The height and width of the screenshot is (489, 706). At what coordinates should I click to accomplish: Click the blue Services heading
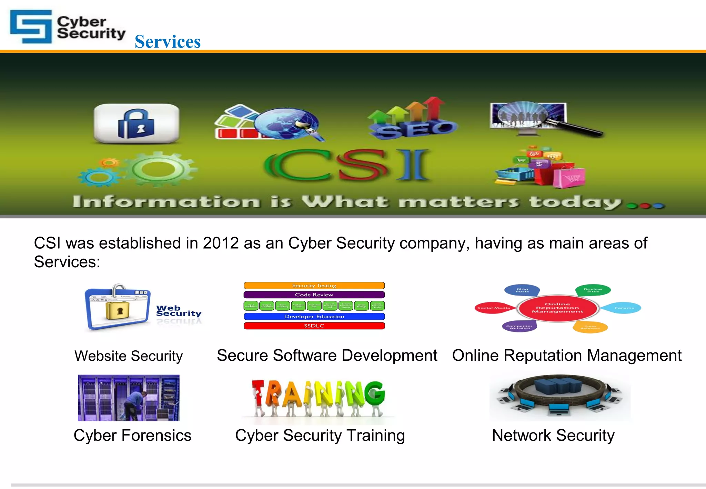[x=168, y=42]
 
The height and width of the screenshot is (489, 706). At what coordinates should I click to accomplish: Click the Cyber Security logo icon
[x=31, y=27]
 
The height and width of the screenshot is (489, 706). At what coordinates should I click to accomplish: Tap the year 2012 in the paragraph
[x=221, y=243]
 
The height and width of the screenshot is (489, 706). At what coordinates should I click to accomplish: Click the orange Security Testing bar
[x=314, y=286]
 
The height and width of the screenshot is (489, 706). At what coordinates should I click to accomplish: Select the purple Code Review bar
[x=314, y=295]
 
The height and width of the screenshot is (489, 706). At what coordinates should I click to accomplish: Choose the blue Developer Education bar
[x=314, y=317]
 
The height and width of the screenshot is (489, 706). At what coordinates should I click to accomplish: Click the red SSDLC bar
[x=314, y=326]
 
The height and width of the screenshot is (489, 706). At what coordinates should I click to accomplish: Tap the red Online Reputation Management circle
[x=557, y=308]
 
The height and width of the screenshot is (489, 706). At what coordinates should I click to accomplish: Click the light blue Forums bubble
[x=624, y=308]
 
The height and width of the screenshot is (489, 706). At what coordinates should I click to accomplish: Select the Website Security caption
[x=129, y=356]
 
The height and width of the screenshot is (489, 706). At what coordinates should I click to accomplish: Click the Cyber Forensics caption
[x=132, y=436]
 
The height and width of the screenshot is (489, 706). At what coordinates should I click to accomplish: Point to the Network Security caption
[x=553, y=436]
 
